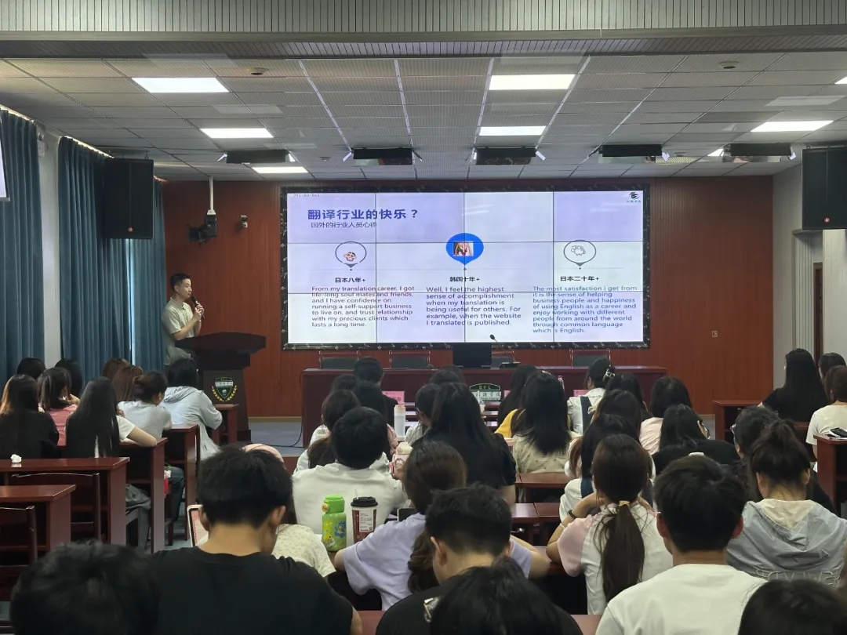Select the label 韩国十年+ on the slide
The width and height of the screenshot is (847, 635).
[463, 279]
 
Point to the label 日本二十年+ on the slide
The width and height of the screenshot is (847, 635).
[579, 278]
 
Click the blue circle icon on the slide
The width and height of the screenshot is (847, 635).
[464, 249]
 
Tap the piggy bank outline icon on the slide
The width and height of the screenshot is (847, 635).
[579, 252]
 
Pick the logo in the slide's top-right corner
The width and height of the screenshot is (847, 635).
[633, 197]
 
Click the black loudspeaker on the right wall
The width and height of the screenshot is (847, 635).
[824, 188]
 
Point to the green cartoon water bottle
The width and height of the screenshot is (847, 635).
[334, 523]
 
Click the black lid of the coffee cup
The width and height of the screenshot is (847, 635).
[364, 503]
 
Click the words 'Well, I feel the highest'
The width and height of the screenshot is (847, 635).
[463, 289]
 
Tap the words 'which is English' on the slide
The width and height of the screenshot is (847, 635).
[558, 330]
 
